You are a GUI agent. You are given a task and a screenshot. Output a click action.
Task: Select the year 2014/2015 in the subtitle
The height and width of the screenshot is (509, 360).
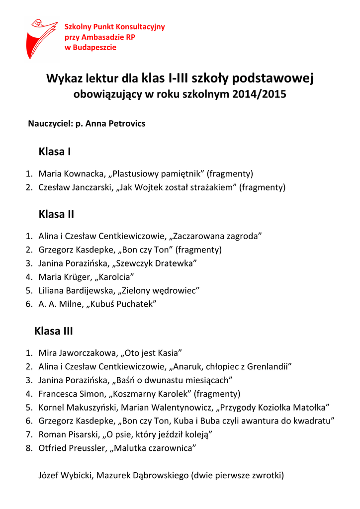(x=259, y=94)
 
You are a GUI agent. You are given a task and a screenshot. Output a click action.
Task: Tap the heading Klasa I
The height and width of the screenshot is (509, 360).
(x=55, y=152)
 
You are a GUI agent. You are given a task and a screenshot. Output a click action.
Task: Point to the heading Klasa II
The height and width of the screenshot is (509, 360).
(x=56, y=214)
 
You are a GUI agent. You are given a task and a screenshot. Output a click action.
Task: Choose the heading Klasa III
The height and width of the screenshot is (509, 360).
(x=54, y=331)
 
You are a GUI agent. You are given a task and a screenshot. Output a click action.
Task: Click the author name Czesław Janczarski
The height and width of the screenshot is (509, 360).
(x=77, y=187)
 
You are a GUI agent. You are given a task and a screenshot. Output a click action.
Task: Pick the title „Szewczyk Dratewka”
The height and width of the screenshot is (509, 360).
(x=156, y=263)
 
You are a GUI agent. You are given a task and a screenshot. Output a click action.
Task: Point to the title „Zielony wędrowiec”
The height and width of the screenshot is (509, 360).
(x=159, y=290)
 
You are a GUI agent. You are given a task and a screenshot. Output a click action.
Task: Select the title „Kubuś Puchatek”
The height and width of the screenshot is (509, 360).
(x=122, y=304)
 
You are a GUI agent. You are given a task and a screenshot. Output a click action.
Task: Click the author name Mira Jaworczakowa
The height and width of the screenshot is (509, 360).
(x=78, y=353)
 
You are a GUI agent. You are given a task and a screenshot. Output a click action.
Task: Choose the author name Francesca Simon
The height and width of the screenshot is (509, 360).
(x=70, y=394)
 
